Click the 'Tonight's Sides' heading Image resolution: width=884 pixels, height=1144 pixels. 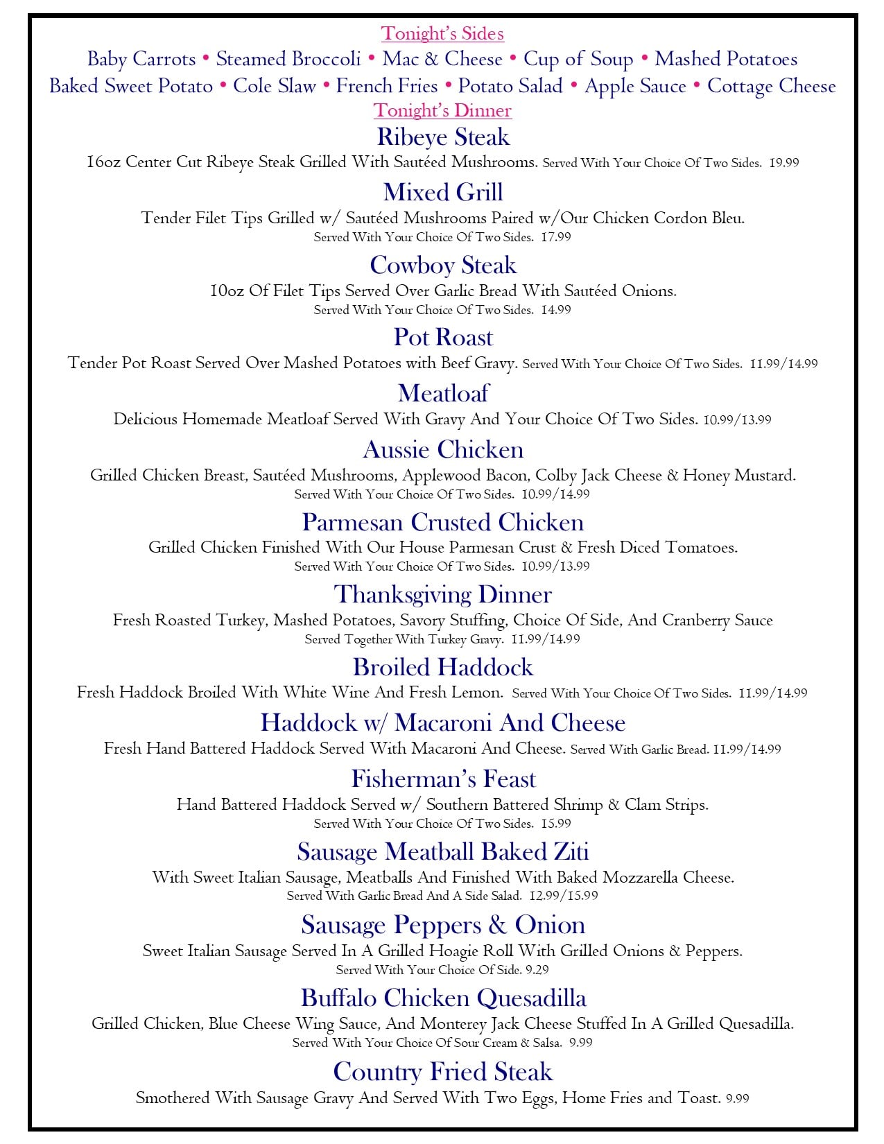(x=442, y=33)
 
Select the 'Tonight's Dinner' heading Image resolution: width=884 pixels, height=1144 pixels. (x=442, y=110)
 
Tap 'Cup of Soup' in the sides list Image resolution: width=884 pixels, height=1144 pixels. (x=578, y=60)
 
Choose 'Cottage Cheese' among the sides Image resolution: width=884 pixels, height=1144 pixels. (x=771, y=86)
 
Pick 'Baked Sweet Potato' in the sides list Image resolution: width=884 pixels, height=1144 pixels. (x=131, y=86)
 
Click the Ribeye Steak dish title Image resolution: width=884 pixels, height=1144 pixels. (x=443, y=137)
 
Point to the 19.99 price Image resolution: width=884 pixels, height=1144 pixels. (x=784, y=163)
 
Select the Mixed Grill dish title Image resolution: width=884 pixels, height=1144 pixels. (x=443, y=192)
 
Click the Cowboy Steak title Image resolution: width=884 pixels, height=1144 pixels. (x=443, y=265)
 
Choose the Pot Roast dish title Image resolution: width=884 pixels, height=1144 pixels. (x=443, y=337)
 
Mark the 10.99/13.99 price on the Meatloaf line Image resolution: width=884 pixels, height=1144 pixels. (x=737, y=420)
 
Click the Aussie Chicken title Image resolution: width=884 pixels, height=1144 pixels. (x=443, y=449)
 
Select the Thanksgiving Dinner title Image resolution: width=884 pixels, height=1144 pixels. (x=443, y=594)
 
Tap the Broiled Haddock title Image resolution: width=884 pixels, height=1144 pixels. (x=443, y=667)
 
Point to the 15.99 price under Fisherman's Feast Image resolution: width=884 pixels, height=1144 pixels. (x=556, y=824)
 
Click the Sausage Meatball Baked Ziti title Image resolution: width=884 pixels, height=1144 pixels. (x=443, y=851)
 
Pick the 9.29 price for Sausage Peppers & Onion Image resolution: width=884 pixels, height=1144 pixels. (x=537, y=970)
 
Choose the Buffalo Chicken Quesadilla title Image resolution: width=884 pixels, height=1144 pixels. (x=443, y=998)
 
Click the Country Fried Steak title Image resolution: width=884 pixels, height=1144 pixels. (x=443, y=1072)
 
